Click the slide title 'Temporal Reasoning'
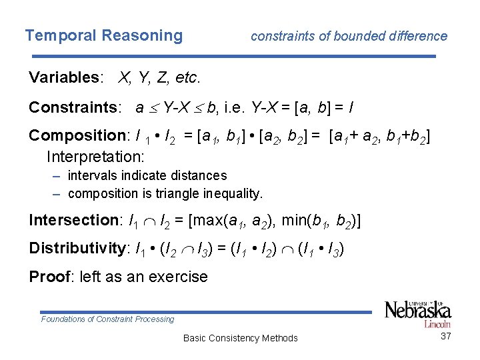[103, 35]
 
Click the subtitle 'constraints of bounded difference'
[349, 36]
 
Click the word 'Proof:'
[51, 276]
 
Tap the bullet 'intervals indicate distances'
[147, 176]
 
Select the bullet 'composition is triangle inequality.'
[165, 194]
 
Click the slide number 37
[446, 337]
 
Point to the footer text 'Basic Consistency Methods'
[240, 338]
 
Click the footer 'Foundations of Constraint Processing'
[107, 319]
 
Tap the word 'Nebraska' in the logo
[418, 311]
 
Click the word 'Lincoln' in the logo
[437, 324]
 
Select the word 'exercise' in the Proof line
[179, 276]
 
